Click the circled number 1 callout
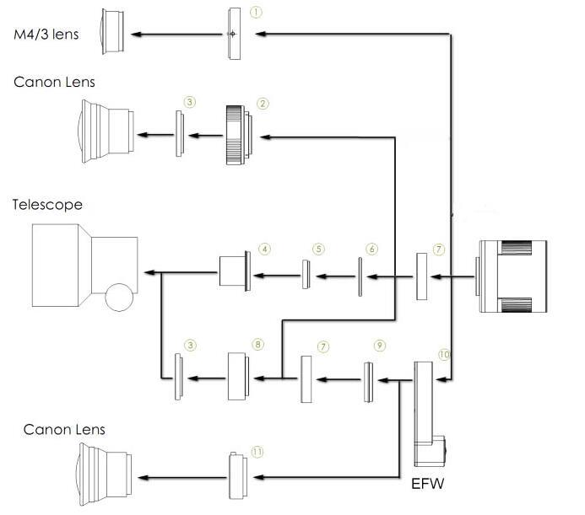click(257, 13)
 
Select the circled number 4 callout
click(265, 249)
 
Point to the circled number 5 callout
click(318, 249)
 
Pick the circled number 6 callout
click(371, 249)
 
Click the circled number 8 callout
click(257, 345)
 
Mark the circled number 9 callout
click(380, 346)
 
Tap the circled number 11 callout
click(257, 452)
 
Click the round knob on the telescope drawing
click(121, 297)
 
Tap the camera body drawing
click(513, 273)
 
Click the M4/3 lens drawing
click(115, 32)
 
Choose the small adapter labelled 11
click(237, 475)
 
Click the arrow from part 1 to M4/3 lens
click(178, 34)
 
